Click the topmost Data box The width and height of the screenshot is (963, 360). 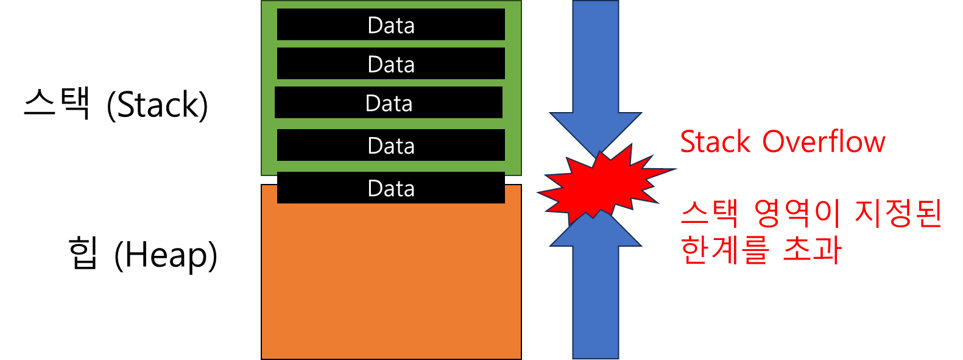[x=391, y=25]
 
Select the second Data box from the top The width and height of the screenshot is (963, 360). [x=391, y=64]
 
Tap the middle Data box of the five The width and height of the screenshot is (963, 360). [x=389, y=103]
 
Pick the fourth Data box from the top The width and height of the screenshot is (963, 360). [x=391, y=146]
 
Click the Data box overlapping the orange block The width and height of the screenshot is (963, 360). [x=391, y=188]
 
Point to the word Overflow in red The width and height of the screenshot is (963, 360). [x=824, y=142]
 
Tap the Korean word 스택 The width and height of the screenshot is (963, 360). [x=710, y=213]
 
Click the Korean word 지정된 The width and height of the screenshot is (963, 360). [x=898, y=213]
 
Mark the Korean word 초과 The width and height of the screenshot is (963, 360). [x=811, y=249]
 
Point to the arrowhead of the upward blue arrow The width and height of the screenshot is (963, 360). [x=595, y=235]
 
